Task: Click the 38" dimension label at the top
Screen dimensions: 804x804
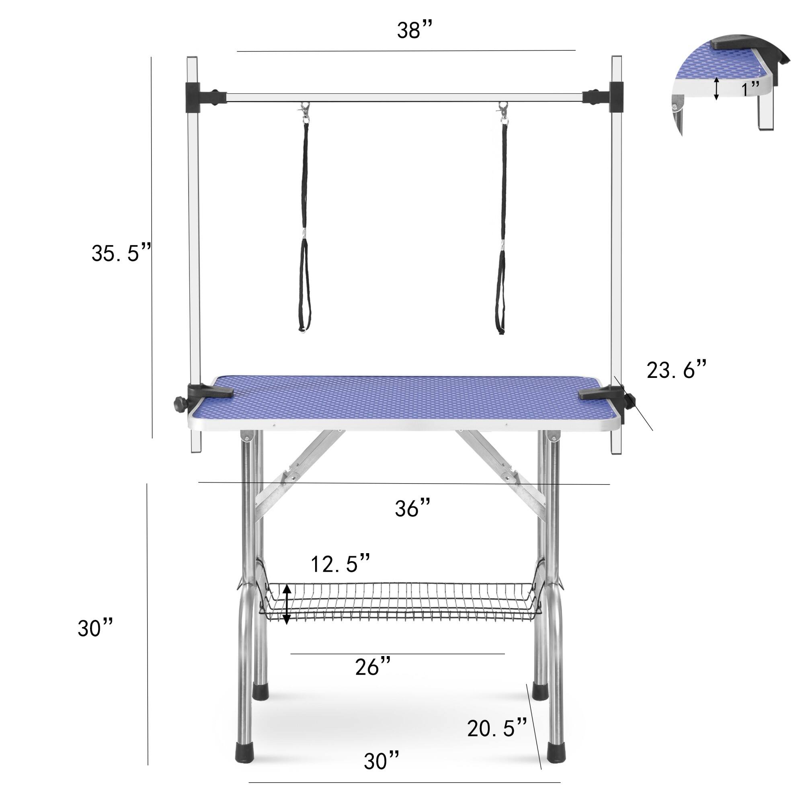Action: (414, 31)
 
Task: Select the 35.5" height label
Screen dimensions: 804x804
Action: (121, 252)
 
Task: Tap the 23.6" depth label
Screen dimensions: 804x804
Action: (676, 369)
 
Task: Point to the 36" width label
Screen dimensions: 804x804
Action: (412, 508)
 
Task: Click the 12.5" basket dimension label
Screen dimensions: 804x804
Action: (340, 564)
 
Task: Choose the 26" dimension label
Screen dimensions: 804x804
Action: (373, 667)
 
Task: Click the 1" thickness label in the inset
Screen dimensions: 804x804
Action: (750, 88)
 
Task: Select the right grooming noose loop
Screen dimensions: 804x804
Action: (500, 287)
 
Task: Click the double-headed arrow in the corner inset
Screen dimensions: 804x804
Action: (716, 88)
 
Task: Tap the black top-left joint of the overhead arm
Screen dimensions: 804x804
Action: (193, 97)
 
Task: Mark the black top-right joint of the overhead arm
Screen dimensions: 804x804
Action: (616, 97)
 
